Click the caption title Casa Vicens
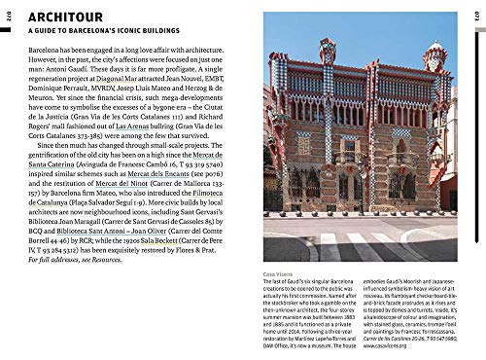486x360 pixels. (280, 274)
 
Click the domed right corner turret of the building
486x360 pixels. (434, 58)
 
